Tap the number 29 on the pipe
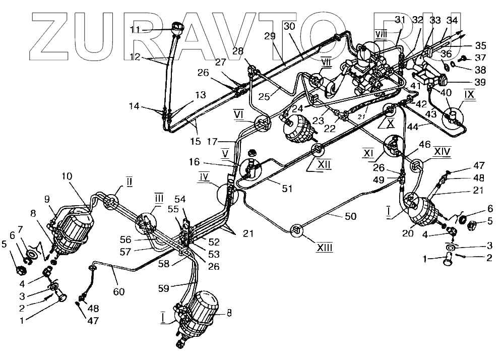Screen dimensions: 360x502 [271, 36]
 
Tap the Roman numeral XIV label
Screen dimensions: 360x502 [443, 151]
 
